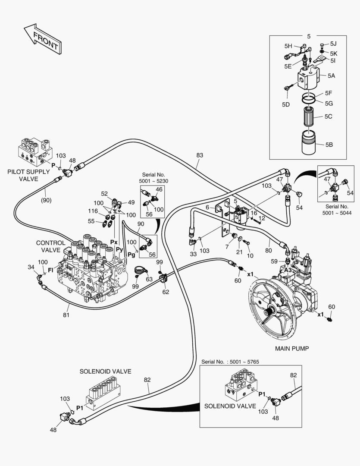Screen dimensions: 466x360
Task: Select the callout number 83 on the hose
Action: [199, 155]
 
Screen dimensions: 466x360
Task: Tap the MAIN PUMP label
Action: [291, 348]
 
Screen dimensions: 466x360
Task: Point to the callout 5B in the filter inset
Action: [329, 145]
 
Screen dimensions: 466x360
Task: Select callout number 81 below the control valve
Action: [66, 315]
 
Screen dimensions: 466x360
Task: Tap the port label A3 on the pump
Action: [288, 270]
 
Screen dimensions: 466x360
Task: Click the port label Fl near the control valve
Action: [50, 271]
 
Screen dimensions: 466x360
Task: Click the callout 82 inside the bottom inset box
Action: [294, 375]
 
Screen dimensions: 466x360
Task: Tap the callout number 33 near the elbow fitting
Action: [193, 254]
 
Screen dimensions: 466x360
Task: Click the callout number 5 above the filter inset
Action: [308, 36]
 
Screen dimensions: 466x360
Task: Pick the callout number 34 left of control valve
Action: [31, 268]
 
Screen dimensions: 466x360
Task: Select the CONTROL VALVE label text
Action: [51, 246]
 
